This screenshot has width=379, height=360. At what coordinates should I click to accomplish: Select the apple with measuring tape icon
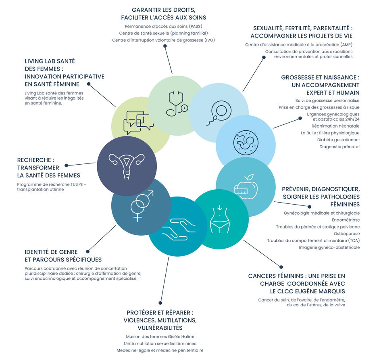[x=246, y=186]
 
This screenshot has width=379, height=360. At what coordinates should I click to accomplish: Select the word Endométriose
[x=346, y=220]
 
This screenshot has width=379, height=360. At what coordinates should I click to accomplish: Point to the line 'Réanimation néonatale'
[x=339, y=126]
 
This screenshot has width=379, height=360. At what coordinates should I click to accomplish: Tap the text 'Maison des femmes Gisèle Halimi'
[x=160, y=337]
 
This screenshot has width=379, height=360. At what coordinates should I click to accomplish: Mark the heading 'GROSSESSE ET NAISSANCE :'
[x=320, y=77]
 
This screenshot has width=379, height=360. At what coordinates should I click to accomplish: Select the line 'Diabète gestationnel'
[x=338, y=140]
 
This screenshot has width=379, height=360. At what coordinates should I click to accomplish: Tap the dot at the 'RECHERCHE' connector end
[x=67, y=165]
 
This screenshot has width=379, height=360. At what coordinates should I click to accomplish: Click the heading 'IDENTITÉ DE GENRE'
[x=51, y=252]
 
